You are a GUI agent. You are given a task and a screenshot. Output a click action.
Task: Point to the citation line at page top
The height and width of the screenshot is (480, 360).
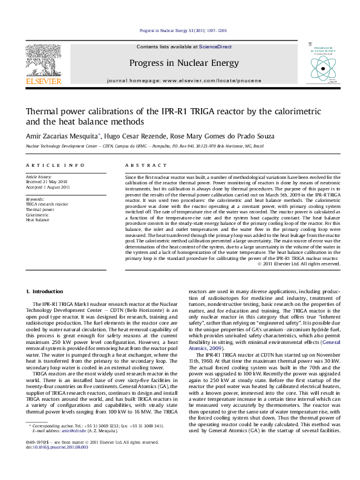pyautogui.click(x=179, y=30)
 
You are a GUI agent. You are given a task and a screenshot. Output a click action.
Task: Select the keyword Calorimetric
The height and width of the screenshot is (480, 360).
pyautogui.click(x=37, y=215)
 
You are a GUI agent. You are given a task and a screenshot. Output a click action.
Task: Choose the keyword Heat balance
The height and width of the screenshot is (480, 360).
pyautogui.click(x=38, y=220)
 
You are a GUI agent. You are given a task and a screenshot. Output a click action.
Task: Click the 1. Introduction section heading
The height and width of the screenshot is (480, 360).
pyautogui.click(x=47, y=291)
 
